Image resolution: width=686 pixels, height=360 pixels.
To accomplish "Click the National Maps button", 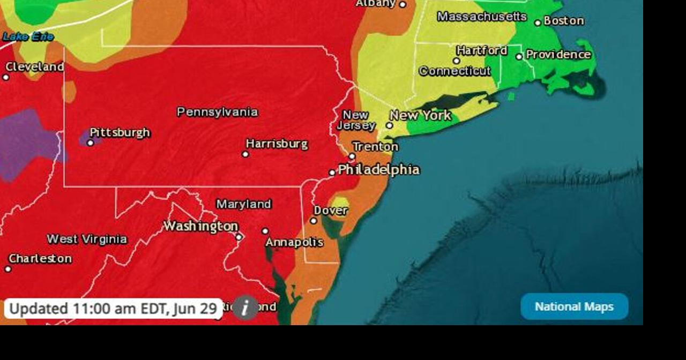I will pyautogui.click(x=574, y=306).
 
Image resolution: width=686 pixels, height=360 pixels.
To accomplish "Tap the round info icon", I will pyautogui.click(x=245, y=307).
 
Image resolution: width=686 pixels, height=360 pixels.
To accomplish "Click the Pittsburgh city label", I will pyautogui.click(x=120, y=132).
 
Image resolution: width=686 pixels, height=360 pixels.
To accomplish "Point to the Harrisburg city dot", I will pyautogui.click(x=245, y=154).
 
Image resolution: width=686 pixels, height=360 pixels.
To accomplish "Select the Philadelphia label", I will pyautogui.click(x=378, y=170).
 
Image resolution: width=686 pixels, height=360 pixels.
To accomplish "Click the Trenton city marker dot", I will pyautogui.click(x=352, y=156).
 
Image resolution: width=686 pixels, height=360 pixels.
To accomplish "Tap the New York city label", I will pyautogui.click(x=420, y=115).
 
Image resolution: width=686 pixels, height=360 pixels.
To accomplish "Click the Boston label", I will pyautogui.click(x=563, y=21).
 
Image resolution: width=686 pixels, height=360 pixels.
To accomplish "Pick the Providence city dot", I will pyautogui.click(x=519, y=56).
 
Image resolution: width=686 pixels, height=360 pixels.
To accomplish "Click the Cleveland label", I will pyautogui.click(x=34, y=67).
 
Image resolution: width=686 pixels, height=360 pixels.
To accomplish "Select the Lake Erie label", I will pyautogui.click(x=28, y=37).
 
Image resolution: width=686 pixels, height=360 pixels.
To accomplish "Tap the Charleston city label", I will pyautogui.click(x=40, y=258).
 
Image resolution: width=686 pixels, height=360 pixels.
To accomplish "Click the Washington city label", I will pyautogui.click(x=200, y=226).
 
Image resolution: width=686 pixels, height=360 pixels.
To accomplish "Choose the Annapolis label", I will pyautogui.click(x=294, y=242).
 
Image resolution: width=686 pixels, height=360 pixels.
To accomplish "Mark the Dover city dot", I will pyautogui.click(x=314, y=221).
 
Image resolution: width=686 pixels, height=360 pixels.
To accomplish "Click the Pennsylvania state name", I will pyautogui.click(x=217, y=112).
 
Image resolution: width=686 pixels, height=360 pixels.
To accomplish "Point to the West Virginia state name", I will pyautogui.click(x=87, y=239).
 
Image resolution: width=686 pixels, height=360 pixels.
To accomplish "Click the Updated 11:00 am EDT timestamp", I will pyautogui.click(x=113, y=309).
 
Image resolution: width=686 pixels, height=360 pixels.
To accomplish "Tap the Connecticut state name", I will pyautogui.click(x=454, y=71).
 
